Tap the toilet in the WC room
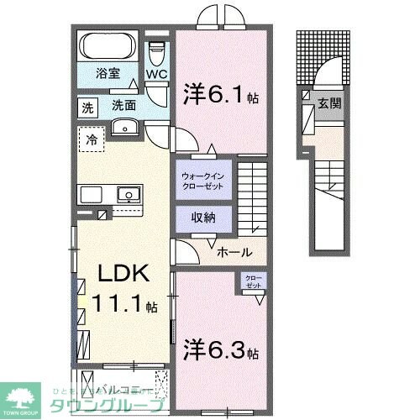(x=157, y=50)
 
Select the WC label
(x=157, y=74)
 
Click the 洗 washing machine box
(x=87, y=107)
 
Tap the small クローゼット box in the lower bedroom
(x=253, y=282)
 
